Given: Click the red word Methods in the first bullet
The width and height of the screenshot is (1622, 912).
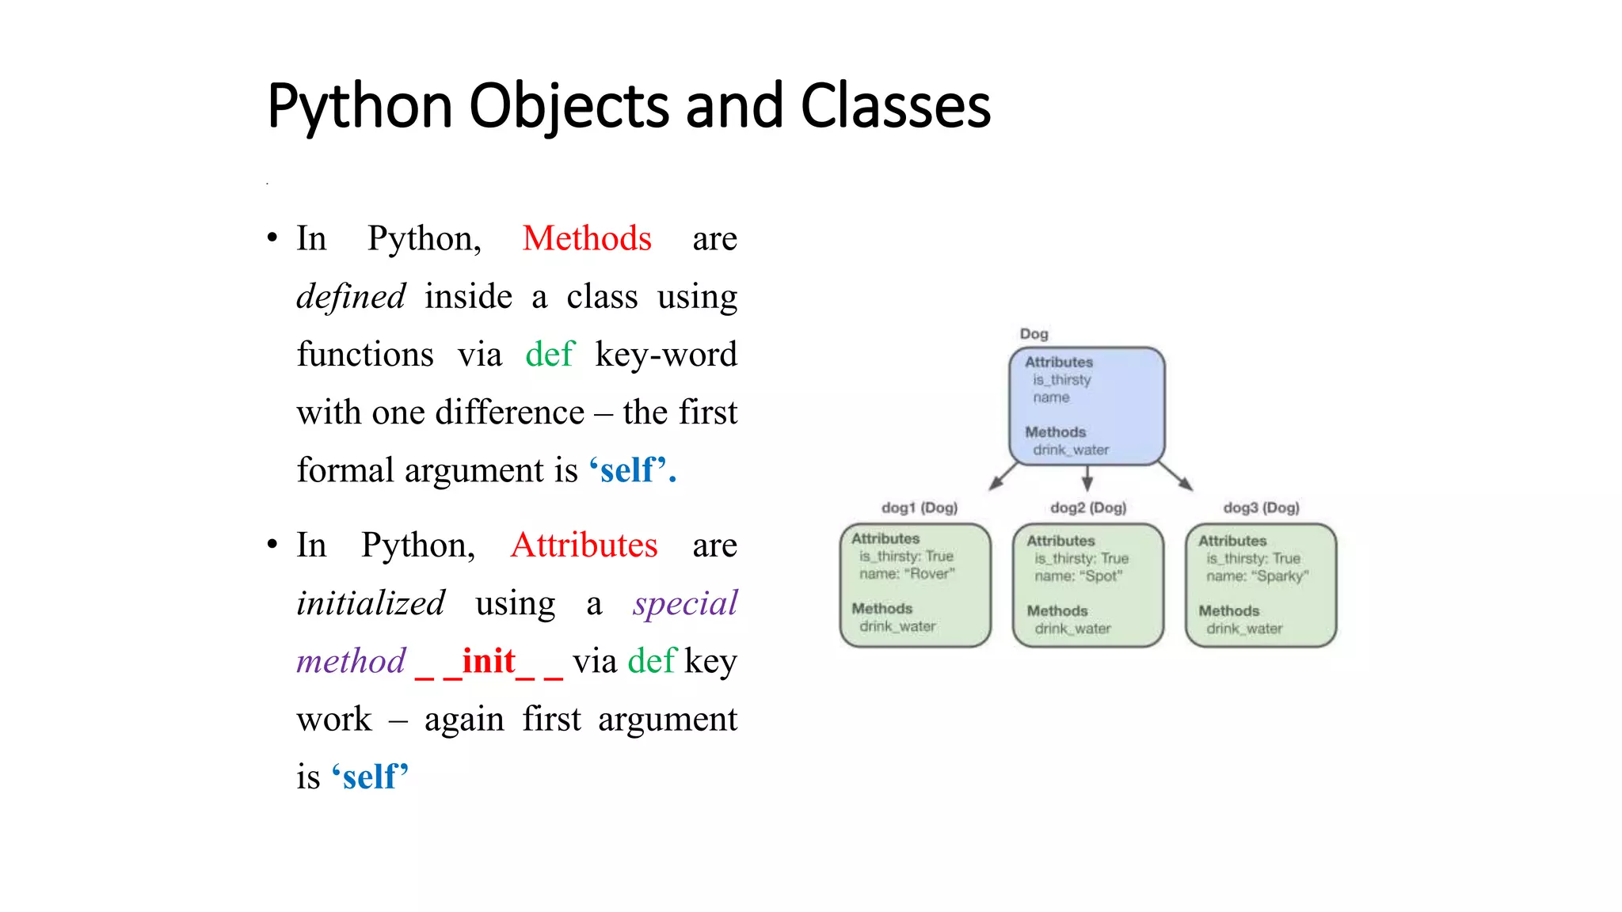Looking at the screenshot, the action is [x=587, y=238].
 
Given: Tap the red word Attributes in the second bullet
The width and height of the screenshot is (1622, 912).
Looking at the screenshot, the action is [x=584, y=545].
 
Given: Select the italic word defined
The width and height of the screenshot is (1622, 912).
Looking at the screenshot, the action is [x=351, y=297].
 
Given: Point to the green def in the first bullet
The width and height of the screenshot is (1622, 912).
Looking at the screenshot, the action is [x=550, y=354].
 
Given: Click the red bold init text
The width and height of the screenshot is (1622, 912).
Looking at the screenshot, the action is [x=489, y=661].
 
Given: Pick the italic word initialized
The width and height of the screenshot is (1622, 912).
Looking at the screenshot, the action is [x=371, y=603].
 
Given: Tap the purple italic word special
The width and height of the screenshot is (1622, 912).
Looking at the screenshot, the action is [x=685, y=603].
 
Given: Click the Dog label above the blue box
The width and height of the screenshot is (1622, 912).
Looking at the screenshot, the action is [x=1034, y=334].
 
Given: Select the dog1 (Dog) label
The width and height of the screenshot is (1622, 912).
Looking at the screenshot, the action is [x=920, y=507].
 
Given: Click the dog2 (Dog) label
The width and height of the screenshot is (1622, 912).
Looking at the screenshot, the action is [x=1088, y=507].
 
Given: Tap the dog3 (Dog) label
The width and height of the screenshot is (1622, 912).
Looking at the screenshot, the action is [x=1261, y=507].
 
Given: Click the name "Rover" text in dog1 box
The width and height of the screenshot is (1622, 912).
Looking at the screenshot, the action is [x=908, y=574].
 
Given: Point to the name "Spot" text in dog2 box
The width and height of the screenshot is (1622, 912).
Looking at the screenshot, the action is [x=1079, y=576].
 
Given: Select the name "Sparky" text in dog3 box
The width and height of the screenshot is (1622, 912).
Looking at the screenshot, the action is [x=1258, y=576].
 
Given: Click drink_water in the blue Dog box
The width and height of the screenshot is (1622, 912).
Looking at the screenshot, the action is [x=1071, y=450].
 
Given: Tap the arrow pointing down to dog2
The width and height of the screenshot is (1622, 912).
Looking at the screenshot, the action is [x=1087, y=478].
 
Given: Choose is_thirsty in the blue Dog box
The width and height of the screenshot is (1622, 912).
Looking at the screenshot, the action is [x=1062, y=380].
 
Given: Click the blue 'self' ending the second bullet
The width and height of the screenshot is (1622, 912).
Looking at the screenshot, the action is [x=370, y=777].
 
